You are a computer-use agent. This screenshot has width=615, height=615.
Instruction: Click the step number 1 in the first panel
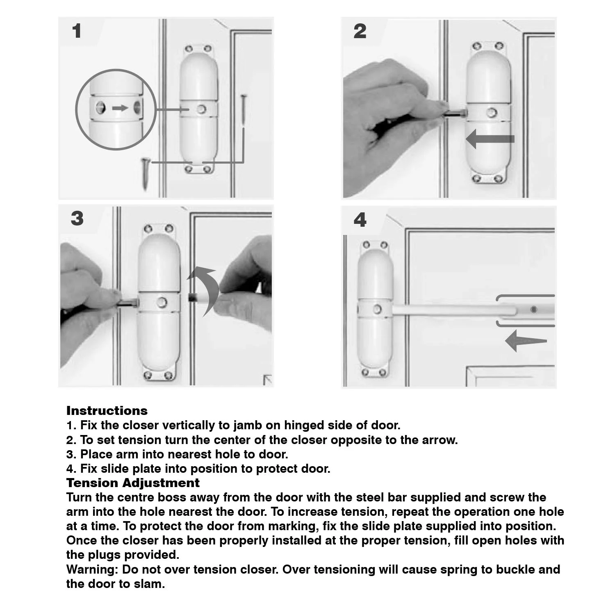click(77, 32)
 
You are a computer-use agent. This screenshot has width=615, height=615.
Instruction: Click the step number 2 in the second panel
click(360, 32)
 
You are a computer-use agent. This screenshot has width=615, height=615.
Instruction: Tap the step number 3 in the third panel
click(77, 219)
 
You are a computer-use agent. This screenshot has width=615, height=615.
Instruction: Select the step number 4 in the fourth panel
click(360, 220)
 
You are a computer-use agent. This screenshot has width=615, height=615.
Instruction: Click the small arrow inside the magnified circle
click(120, 108)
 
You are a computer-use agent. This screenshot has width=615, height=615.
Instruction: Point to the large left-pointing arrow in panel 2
click(490, 139)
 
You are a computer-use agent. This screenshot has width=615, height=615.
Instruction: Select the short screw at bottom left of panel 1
click(145, 172)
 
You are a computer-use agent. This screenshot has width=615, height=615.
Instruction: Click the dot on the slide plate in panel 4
click(533, 310)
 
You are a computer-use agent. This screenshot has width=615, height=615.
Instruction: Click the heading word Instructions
click(107, 411)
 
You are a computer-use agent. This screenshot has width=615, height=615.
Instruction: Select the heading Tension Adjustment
click(133, 483)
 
